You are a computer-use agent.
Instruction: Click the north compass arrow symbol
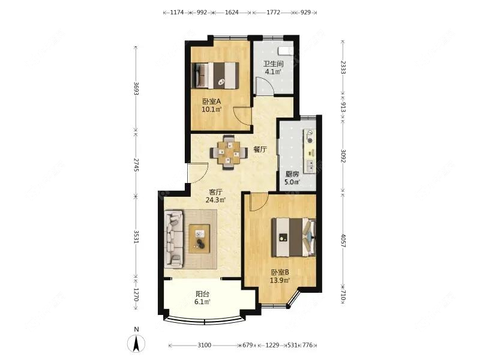[x=137, y=343]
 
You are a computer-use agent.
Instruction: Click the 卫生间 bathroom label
[x=273, y=64]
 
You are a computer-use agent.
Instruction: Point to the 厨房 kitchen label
[x=292, y=175]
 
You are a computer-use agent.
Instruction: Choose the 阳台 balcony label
[x=203, y=294]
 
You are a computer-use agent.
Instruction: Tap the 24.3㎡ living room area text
[x=217, y=200]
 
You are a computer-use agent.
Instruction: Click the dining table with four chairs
[x=228, y=151]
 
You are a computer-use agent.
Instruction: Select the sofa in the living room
[x=174, y=238]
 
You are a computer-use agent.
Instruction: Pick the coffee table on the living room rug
[x=199, y=238]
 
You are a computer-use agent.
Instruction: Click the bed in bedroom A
[x=216, y=76]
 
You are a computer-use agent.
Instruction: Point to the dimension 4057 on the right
[x=343, y=238]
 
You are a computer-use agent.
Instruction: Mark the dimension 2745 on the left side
[x=136, y=166]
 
